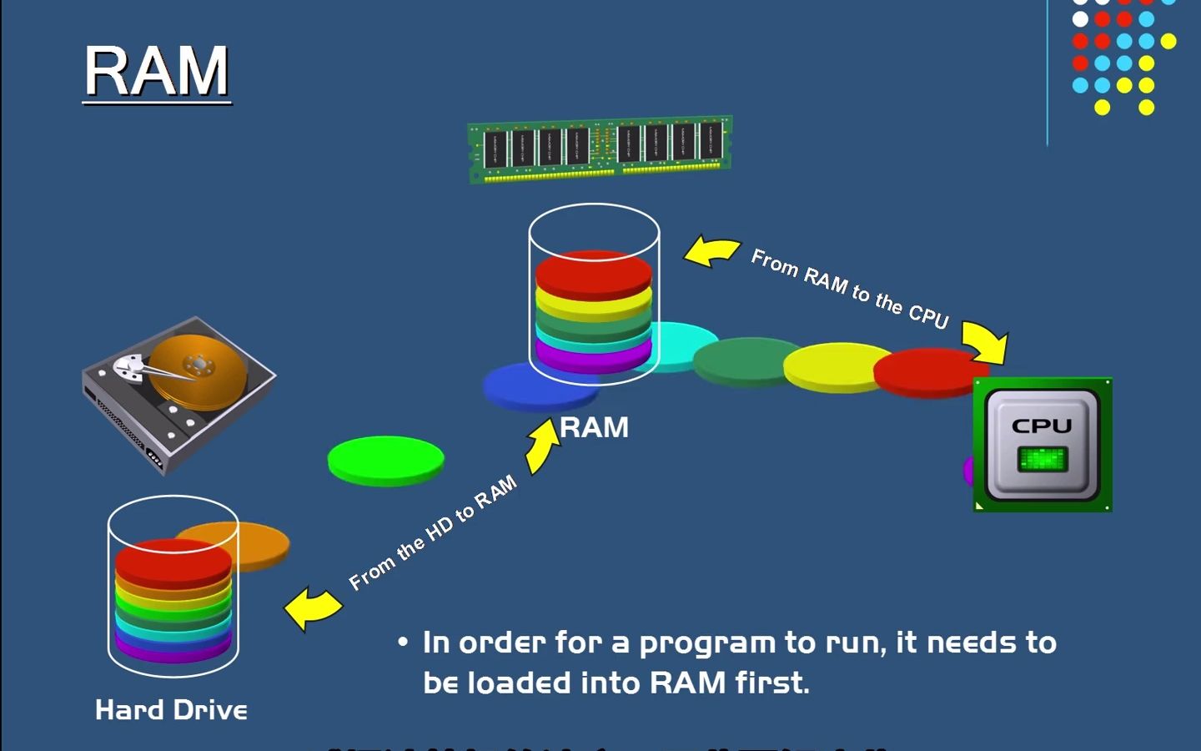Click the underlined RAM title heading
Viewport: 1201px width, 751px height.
click(x=156, y=72)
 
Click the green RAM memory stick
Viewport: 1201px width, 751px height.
click(x=600, y=148)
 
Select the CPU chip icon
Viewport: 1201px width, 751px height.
click(x=1042, y=444)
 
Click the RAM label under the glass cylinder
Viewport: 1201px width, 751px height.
click(x=594, y=427)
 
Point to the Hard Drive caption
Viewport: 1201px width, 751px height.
click(x=171, y=710)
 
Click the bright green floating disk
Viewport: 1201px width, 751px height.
click(x=385, y=460)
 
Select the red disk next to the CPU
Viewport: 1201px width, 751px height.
click(x=926, y=371)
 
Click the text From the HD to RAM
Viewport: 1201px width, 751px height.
click(x=432, y=533)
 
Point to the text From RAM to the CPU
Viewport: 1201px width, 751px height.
click(x=849, y=289)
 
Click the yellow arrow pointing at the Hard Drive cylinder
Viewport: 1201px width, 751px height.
click(x=312, y=607)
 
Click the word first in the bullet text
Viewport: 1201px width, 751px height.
click(x=771, y=683)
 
